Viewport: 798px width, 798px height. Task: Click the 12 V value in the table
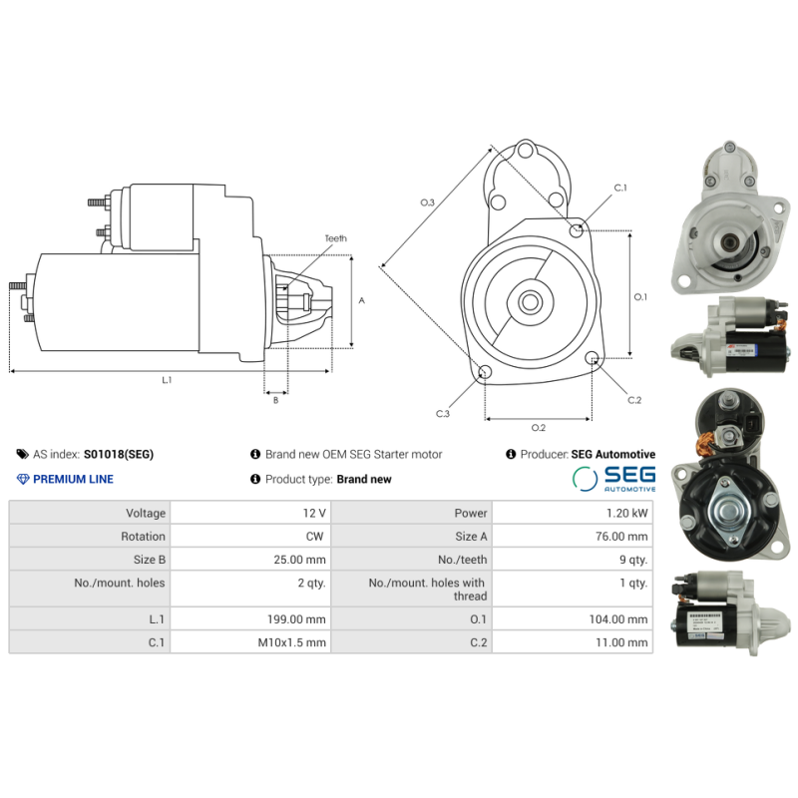314,513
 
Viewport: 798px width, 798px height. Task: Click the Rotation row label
143,537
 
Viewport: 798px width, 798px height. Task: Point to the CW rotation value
317,537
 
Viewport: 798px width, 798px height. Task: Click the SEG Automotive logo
614,478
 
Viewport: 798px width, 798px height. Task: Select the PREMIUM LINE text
73,479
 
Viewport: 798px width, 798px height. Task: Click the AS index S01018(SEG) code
119,454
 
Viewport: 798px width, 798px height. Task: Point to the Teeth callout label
335,238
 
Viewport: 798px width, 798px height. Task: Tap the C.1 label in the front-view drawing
619,188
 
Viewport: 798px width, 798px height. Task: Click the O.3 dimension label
427,202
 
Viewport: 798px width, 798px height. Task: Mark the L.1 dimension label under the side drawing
168,380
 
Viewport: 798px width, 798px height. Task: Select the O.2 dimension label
538,428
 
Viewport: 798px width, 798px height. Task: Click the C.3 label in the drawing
443,413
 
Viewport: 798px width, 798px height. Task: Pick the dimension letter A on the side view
361,300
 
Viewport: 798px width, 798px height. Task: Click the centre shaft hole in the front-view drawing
530,300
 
